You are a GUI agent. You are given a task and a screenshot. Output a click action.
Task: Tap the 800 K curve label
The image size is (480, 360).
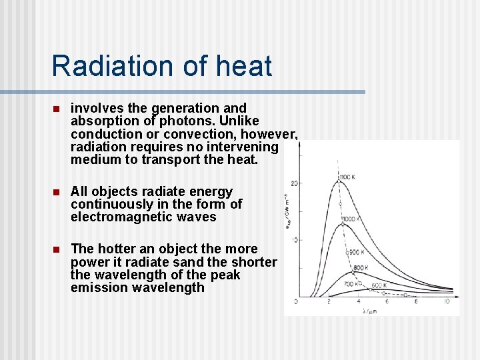(x=361, y=268)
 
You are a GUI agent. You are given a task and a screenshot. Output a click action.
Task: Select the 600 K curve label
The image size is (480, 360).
(x=379, y=285)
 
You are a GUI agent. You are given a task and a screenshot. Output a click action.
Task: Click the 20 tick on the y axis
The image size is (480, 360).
(x=293, y=183)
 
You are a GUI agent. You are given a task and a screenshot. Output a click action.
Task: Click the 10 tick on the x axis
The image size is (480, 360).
(x=446, y=302)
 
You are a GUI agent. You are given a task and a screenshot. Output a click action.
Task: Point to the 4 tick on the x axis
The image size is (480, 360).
(x=357, y=302)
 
